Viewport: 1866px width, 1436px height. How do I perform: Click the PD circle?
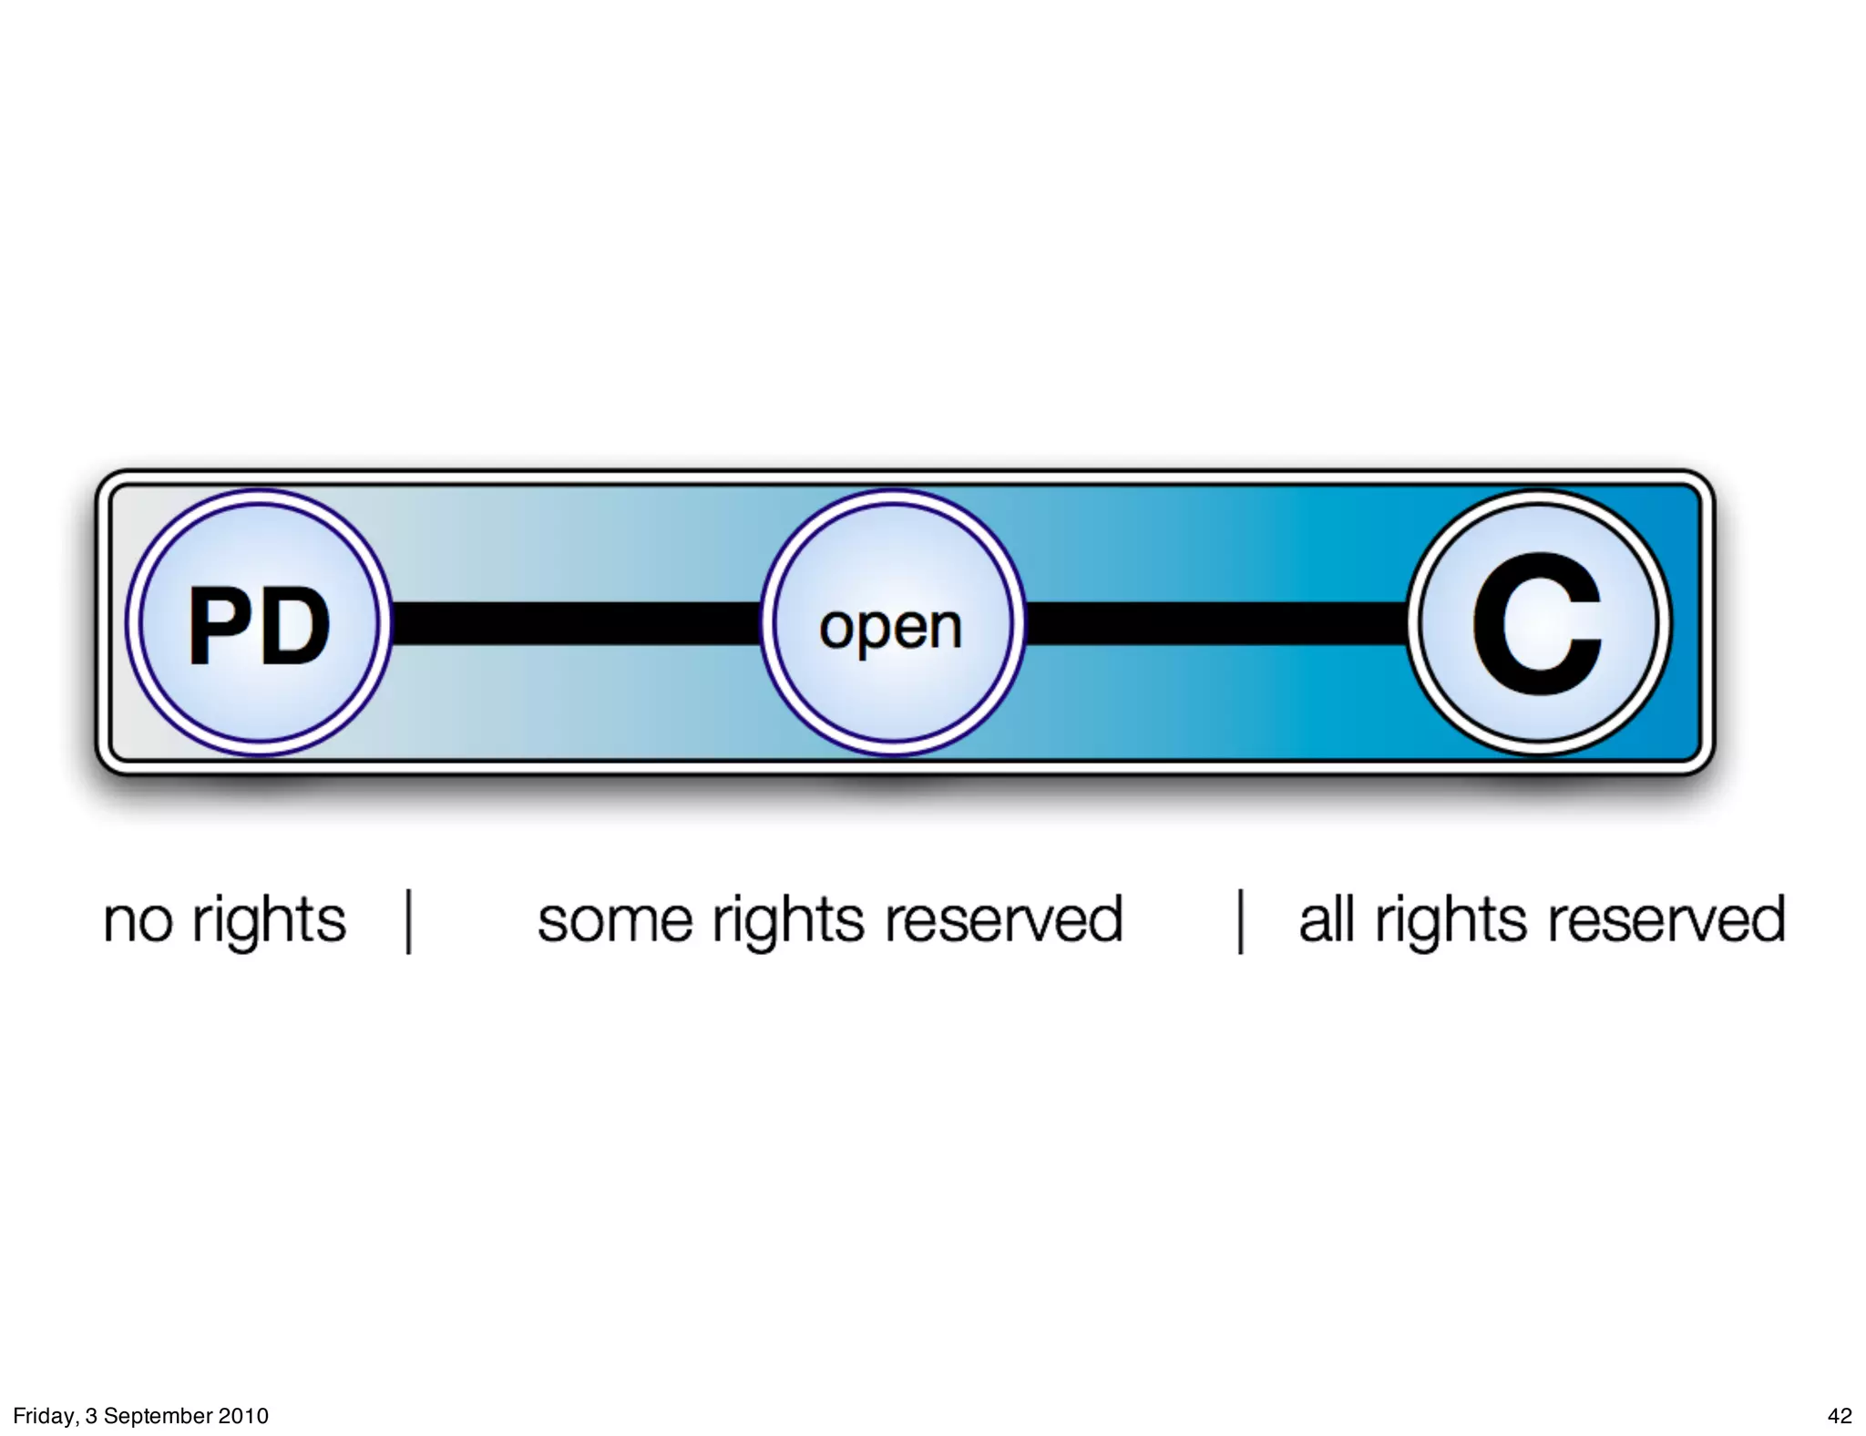[x=259, y=623]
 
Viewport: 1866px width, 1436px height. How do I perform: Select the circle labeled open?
[x=892, y=623]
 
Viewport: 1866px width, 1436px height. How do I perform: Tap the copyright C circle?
[x=1539, y=623]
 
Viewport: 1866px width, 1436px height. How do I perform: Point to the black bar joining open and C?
[x=1216, y=623]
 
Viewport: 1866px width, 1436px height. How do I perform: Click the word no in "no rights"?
[x=138, y=921]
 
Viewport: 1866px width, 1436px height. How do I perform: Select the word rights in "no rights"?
[x=269, y=921]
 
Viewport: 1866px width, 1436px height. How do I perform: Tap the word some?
[x=615, y=921]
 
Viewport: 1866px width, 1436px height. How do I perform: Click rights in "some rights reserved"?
[x=788, y=921]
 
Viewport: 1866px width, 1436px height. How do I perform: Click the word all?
[x=1326, y=919]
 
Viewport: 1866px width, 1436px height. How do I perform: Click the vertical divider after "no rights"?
[x=409, y=921]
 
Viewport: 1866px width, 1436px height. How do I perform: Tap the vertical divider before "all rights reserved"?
[x=1240, y=921]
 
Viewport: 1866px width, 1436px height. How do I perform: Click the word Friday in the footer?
[x=45, y=1416]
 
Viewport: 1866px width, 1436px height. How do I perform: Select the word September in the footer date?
[x=159, y=1416]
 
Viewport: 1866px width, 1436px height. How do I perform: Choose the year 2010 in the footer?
[x=243, y=1416]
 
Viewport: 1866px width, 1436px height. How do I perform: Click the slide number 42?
[x=1840, y=1416]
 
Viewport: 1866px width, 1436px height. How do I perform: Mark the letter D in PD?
[x=297, y=625]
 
